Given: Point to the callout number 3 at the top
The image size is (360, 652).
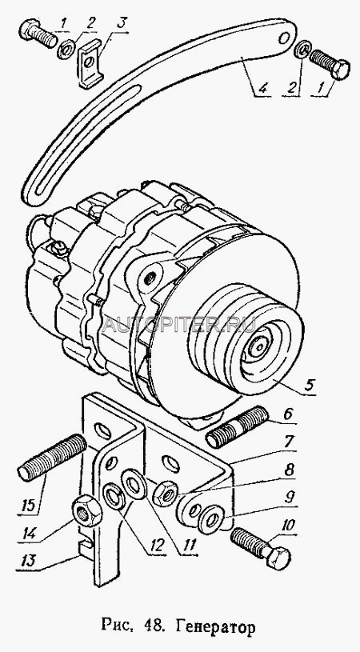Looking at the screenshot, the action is pyautogui.click(x=121, y=23).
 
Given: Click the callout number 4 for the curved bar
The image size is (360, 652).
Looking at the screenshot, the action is pyautogui.click(x=262, y=88).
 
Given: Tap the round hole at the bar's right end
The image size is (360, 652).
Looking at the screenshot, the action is pyautogui.click(x=286, y=38).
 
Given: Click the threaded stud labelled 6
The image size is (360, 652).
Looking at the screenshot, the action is pyautogui.click(x=237, y=427).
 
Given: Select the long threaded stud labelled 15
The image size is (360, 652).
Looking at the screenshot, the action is pyautogui.click(x=52, y=457).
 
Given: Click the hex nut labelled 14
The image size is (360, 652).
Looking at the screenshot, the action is pyautogui.click(x=87, y=510).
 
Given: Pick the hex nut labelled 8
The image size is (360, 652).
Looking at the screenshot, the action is pyautogui.click(x=164, y=493).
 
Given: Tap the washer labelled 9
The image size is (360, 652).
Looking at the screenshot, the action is pyautogui.click(x=211, y=518).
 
